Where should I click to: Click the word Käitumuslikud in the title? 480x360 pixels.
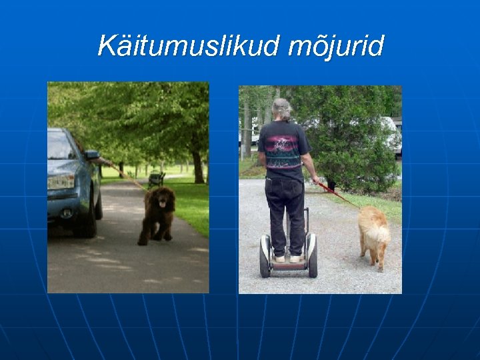coord(189,46)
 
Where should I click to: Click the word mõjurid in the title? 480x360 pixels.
coord(337,47)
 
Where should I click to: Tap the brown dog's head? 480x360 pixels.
coord(161,199)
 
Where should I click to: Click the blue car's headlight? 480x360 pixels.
coord(61,181)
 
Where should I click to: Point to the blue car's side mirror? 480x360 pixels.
coord(92,155)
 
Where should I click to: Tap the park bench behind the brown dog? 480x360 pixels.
coord(157,179)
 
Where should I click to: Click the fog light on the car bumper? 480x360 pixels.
coord(66,213)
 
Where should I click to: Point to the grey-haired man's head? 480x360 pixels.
coord(282,109)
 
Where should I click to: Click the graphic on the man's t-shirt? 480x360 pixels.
coord(283,149)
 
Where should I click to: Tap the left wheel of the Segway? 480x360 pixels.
coord(265,256)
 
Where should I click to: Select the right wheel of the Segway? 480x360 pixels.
coord(313,256)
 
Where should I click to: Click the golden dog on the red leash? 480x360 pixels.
coord(373,233)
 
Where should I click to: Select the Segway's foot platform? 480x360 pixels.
coord(288,263)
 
